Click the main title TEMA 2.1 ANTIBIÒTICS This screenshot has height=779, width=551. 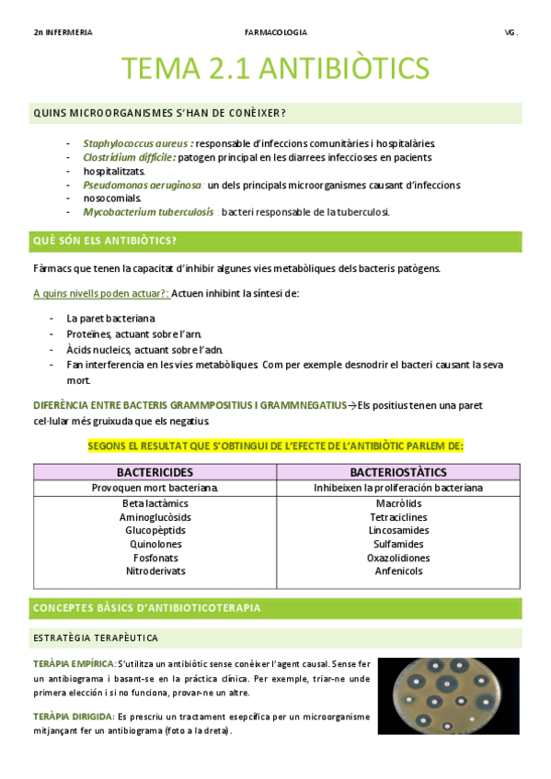point(276,69)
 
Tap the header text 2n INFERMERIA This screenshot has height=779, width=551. point(63,32)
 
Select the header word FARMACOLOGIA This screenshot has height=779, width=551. point(276,32)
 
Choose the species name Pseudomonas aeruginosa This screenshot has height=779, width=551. point(143,185)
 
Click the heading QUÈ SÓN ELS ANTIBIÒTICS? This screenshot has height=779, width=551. point(105,242)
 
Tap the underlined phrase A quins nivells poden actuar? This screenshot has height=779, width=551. point(100,293)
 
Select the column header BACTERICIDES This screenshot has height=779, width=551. point(155,472)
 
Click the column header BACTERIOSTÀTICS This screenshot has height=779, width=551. point(397,472)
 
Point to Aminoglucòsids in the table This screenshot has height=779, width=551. point(155,517)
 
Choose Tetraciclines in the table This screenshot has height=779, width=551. point(397,517)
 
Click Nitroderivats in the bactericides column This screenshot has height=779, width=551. point(155,570)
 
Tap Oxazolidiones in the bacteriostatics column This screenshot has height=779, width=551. point(397,558)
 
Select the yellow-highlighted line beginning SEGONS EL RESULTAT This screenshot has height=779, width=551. point(276,446)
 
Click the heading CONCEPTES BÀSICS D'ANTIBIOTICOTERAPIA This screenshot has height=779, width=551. point(146,608)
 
